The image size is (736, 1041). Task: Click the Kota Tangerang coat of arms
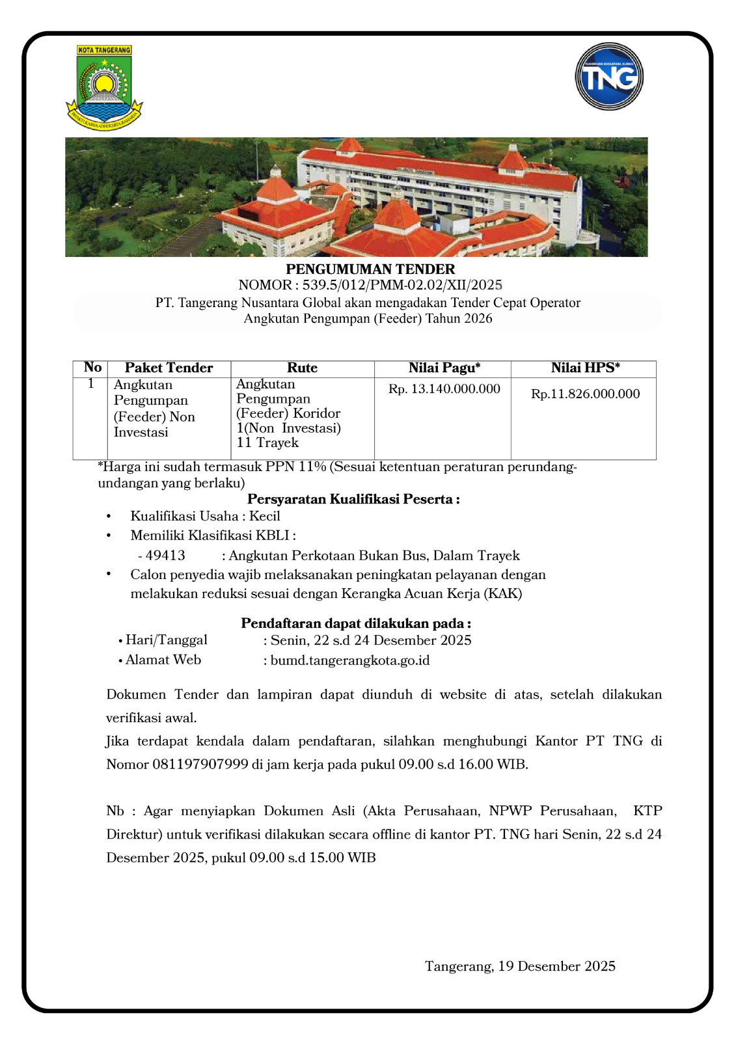[104, 87]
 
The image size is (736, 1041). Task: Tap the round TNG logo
[609, 77]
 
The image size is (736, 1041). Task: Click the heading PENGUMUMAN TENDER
[370, 269]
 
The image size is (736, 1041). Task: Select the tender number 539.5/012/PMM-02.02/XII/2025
[402, 285]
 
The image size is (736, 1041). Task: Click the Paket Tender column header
[169, 368]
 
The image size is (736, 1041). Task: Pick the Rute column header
[302, 368]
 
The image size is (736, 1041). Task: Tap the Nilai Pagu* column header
[444, 368]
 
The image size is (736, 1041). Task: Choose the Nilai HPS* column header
[585, 368]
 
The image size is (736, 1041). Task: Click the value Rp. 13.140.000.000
[444, 389]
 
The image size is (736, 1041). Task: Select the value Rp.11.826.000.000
[585, 394]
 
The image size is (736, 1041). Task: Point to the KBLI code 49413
[165, 556]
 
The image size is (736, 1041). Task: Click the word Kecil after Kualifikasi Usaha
[265, 516]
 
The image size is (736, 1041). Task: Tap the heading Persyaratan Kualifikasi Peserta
[353, 500]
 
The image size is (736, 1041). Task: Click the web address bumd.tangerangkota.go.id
[350, 660]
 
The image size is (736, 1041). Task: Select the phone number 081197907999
[200, 764]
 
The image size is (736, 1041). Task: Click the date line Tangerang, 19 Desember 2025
[520, 966]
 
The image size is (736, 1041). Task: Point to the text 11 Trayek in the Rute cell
[267, 443]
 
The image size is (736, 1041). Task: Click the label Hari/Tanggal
[167, 640]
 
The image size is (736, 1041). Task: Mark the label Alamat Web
[163, 660]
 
